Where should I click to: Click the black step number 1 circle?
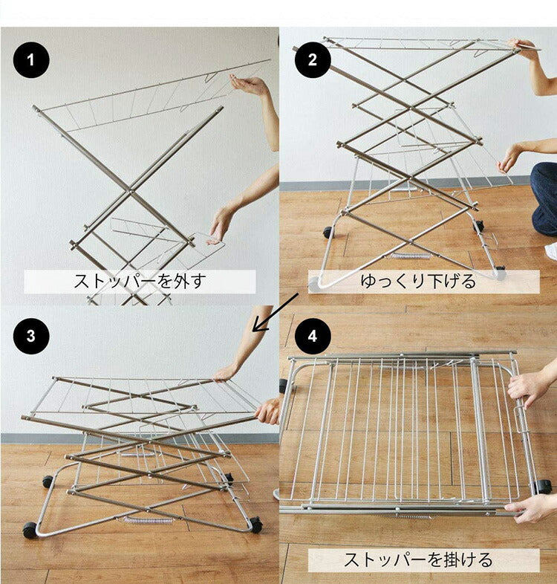[x=30, y=60]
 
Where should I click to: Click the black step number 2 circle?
[x=313, y=60]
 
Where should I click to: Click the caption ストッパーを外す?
[x=140, y=282]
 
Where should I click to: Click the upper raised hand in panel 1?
[x=249, y=85]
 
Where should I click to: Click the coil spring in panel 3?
[x=148, y=520]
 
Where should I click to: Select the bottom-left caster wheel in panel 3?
[x=30, y=530]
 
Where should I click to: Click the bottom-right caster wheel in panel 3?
[x=255, y=525]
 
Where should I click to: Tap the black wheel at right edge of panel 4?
[x=544, y=487]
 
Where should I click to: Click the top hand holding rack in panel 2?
[x=526, y=49]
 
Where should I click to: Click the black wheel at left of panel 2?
[x=328, y=233]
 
